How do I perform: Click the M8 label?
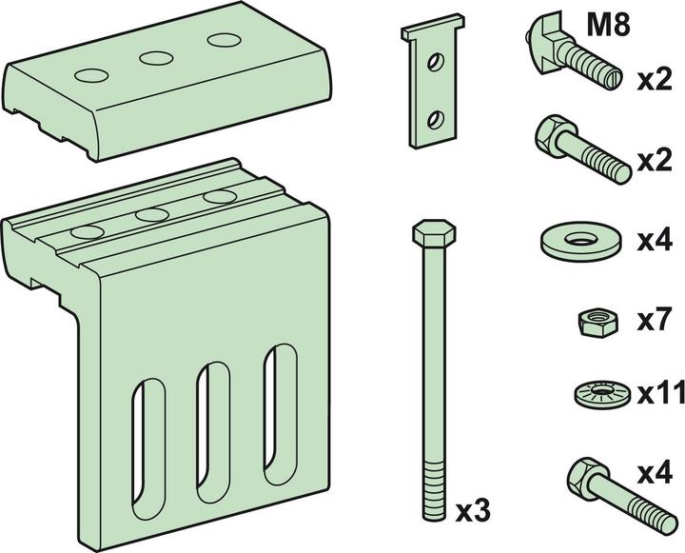pyautogui.click(x=608, y=26)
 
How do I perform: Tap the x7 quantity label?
pyautogui.click(x=654, y=321)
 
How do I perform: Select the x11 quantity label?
pyautogui.click(x=660, y=394)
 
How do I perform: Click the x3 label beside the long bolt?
pyautogui.click(x=473, y=511)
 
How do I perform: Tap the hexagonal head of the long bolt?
pyautogui.click(x=434, y=232)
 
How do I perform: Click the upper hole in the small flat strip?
pyautogui.click(x=435, y=62)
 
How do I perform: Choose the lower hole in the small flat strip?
pyautogui.click(x=435, y=120)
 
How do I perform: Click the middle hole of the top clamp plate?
pyautogui.click(x=156, y=58)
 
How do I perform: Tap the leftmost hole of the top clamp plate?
pyautogui.click(x=91, y=75)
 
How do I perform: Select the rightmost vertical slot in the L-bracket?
pyautogui.click(x=280, y=414)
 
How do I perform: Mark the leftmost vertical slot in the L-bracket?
pyautogui.click(x=148, y=449)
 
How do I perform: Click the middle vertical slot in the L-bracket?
pyautogui.click(x=214, y=432)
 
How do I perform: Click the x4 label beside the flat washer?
pyautogui.click(x=655, y=241)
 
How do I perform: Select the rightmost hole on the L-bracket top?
pyautogui.click(x=220, y=197)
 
